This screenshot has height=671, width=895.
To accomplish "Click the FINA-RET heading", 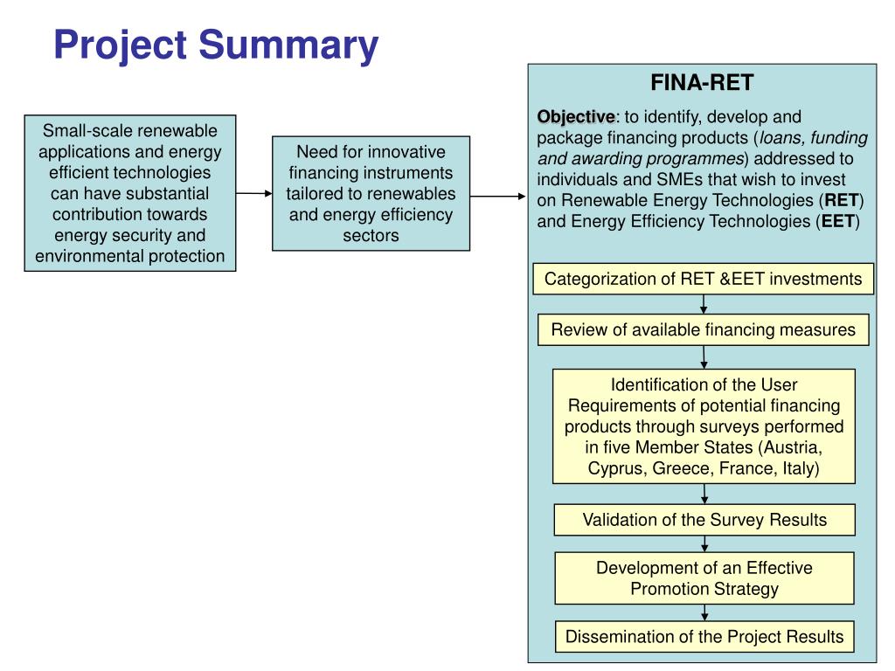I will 702,83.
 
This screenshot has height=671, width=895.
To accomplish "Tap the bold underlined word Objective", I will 576,116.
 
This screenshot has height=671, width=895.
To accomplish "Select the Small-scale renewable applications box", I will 130,193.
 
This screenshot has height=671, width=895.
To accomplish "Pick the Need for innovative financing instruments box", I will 371,193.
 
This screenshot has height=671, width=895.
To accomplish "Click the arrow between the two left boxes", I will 254,193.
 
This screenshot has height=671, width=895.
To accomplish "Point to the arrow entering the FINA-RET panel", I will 498,196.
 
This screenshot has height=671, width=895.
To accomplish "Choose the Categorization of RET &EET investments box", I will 704,279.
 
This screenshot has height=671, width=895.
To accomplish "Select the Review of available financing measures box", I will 704,330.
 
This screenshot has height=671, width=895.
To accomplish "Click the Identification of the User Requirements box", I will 704,426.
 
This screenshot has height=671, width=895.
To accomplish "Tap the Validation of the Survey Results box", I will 704,520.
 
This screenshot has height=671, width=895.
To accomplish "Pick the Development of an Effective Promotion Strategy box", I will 704,578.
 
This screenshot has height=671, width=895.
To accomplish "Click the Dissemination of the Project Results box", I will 704,636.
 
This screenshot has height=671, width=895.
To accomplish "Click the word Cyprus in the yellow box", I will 613,468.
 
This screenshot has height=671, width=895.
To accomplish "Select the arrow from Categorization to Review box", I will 704,304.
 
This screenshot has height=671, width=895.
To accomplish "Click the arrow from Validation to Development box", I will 704,543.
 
